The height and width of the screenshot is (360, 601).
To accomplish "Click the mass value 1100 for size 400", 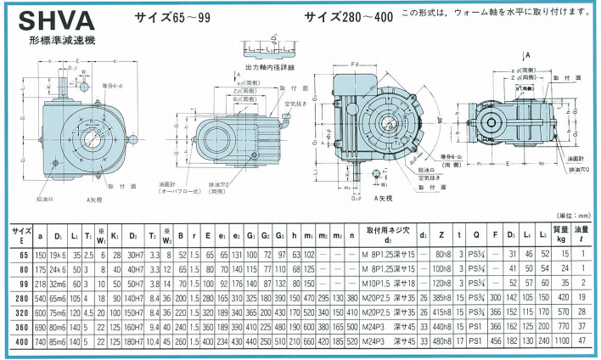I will click(x=559, y=340).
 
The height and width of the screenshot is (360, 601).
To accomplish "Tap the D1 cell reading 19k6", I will click(x=59, y=254).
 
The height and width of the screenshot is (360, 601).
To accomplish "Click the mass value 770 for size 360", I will click(x=559, y=326).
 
